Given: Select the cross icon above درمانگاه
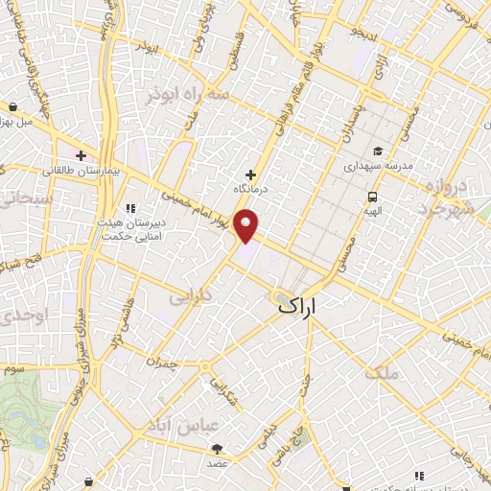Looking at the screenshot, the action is pyautogui.click(x=251, y=175).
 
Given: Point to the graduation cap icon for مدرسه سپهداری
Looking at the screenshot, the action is pyautogui.click(x=379, y=152).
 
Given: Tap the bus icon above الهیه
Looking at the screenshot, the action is pyautogui.click(x=370, y=197).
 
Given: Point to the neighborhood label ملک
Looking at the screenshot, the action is pyautogui.click(x=386, y=371).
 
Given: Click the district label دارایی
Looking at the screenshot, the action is pyautogui.click(x=190, y=298).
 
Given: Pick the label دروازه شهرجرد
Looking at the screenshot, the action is pyautogui.click(x=448, y=195).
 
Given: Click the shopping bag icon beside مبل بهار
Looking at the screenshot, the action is pyautogui.click(x=12, y=107).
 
